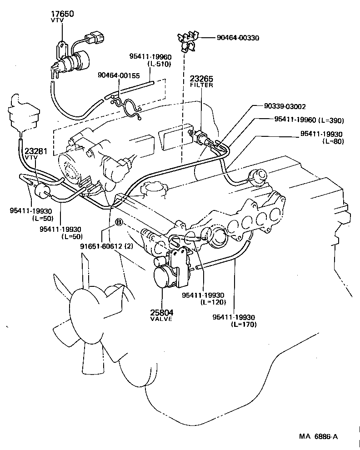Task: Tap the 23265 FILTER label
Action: coord(201,81)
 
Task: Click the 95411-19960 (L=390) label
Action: coord(309,120)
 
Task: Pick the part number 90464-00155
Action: coord(119,75)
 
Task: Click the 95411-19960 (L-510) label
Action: coord(150,60)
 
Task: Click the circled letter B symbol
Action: coord(119,222)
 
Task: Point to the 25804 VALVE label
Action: coord(162,315)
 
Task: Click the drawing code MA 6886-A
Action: coord(318,436)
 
